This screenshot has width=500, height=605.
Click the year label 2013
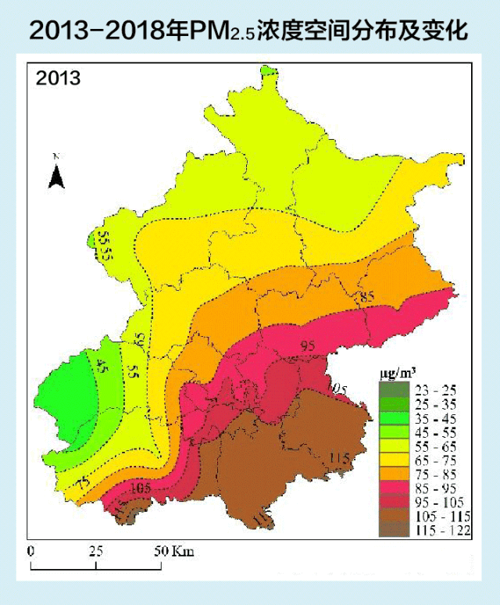(x=58, y=79)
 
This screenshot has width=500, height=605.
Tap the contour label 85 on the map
(x=368, y=297)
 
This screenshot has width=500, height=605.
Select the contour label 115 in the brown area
(x=339, y=457)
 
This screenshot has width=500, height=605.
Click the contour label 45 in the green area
(x=102, y=365)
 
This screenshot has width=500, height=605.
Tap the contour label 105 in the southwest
(x=140, y=489)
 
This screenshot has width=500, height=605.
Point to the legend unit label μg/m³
(x=395, y=374)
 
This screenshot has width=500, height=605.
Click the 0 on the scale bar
(x=30, y=550)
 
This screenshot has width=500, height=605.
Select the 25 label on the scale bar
(x=96, y=550)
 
